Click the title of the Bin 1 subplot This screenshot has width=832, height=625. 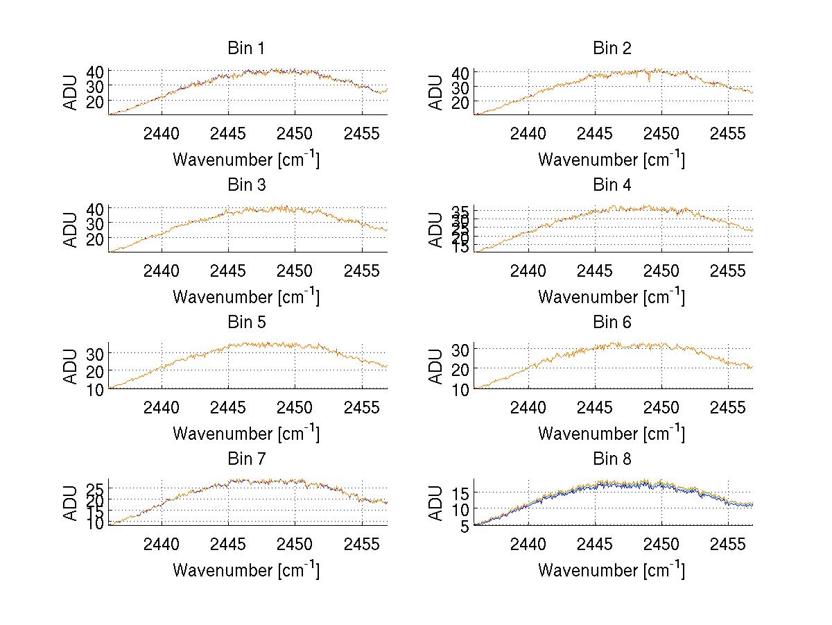click(246, 49)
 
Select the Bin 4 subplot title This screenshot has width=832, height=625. click(612, 185)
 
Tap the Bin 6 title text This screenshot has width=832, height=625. click(612, 323)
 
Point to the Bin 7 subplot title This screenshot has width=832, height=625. click(246, 459)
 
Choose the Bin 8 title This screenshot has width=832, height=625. click(612, 459)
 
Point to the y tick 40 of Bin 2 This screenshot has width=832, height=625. click(460, 72)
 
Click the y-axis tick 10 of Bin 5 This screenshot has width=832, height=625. click(96, 389)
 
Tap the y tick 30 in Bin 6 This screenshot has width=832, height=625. click(461, 349)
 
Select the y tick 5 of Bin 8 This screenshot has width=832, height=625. click(465, 526)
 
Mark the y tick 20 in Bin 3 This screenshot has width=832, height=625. click(96, 239)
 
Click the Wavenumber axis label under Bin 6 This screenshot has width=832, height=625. click(612, 434)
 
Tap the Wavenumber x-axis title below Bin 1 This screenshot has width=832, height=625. click(246, 160)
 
